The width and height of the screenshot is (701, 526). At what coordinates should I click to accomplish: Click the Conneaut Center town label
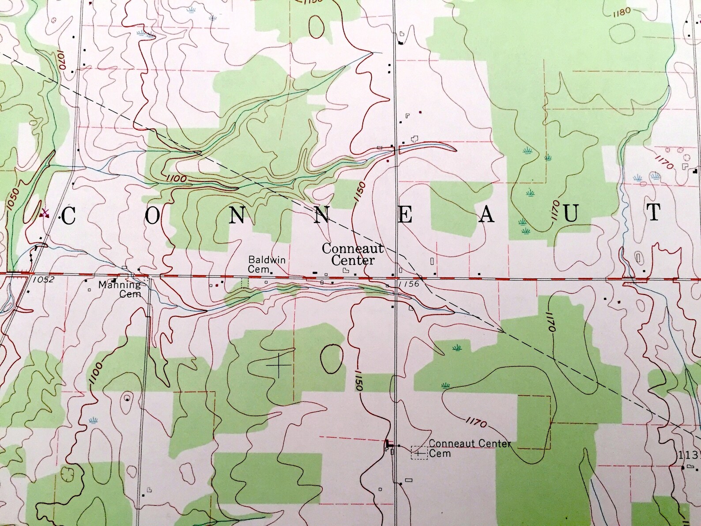tap(352, 254)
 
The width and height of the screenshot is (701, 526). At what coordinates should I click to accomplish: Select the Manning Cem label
tap(120, 289)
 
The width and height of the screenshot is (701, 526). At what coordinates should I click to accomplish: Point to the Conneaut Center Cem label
tap(469, 448)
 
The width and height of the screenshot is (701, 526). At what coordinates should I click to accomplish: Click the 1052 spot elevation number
tap(43, 280)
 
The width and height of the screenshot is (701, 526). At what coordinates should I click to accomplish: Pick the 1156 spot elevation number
tap(408, 284)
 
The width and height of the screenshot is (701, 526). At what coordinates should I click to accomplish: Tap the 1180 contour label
tap(622, 12)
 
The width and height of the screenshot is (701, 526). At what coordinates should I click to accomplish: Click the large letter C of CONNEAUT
tap(69, 216)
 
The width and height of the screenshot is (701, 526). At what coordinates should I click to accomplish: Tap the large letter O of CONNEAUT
tap(152, 216)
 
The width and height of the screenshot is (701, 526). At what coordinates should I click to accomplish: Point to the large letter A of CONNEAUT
tap(487, 215)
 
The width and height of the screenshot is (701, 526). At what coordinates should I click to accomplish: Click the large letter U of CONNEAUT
tap(571, 214)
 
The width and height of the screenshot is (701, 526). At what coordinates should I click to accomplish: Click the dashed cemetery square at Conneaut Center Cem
tap(419, 453)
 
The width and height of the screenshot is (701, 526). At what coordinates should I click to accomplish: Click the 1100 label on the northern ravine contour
tap(177, 179)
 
